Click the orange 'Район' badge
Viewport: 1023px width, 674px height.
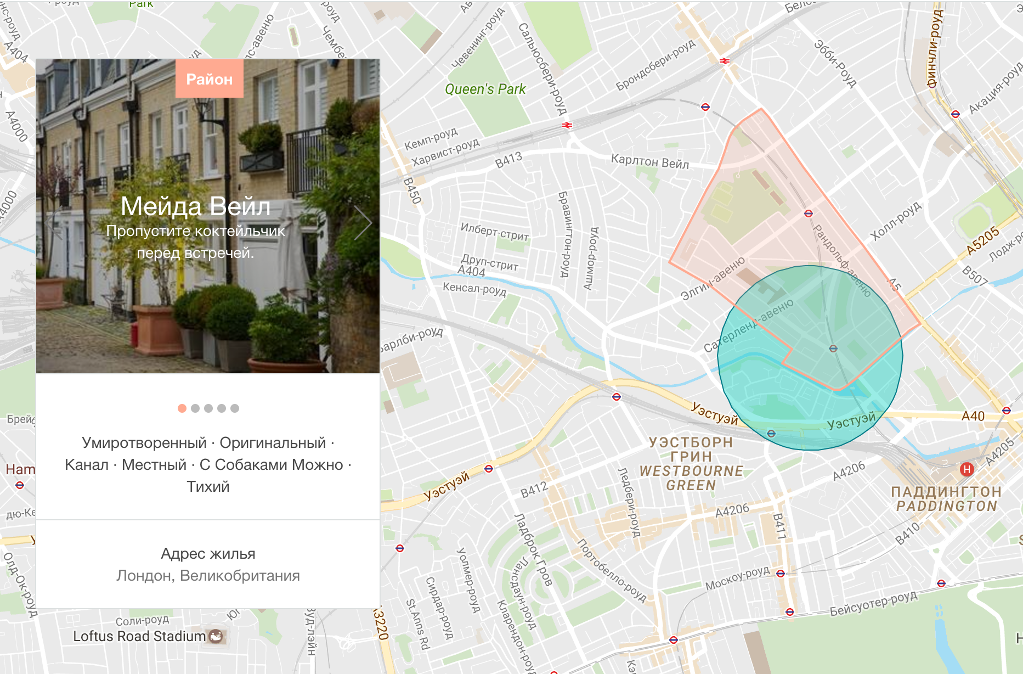point(209,79)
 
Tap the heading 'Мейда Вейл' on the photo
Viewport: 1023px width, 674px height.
point(195,207)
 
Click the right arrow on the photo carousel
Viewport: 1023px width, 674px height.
point(363,223)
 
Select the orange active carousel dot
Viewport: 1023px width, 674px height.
point(182,408)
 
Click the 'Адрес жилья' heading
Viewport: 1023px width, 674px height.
point(208,554)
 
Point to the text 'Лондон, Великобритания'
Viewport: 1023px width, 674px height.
point(208,576)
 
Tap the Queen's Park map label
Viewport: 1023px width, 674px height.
point(485,89)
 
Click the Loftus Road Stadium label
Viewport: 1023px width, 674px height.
point(139,637)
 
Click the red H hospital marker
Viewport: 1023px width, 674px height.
point(967,469)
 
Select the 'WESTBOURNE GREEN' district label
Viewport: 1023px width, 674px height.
point(691,478)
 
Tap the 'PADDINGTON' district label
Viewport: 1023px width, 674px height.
point(946,506)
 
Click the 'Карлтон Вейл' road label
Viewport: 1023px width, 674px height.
point(650,161)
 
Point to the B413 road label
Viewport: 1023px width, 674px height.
point(508,160)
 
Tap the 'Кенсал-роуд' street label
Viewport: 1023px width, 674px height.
point(474,289)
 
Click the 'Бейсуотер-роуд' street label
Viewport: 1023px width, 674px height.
point(873,603)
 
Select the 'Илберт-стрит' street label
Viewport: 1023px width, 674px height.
point(494,232)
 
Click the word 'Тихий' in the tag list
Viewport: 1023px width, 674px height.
point(208,487)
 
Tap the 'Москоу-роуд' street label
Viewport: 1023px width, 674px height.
point(737,578)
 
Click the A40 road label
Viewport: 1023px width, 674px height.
point(973,416)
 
